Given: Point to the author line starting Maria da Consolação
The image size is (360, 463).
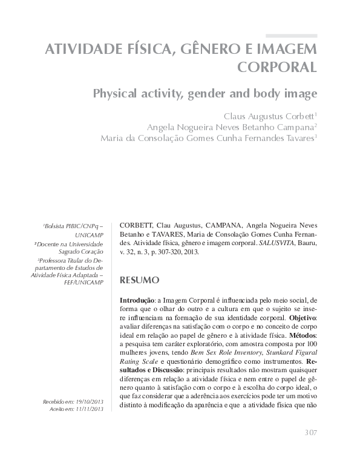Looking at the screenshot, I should (208, 138).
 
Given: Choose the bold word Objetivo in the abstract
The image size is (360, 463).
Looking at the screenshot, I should (305, 317).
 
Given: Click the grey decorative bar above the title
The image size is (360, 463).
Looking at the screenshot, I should (291, 36).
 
